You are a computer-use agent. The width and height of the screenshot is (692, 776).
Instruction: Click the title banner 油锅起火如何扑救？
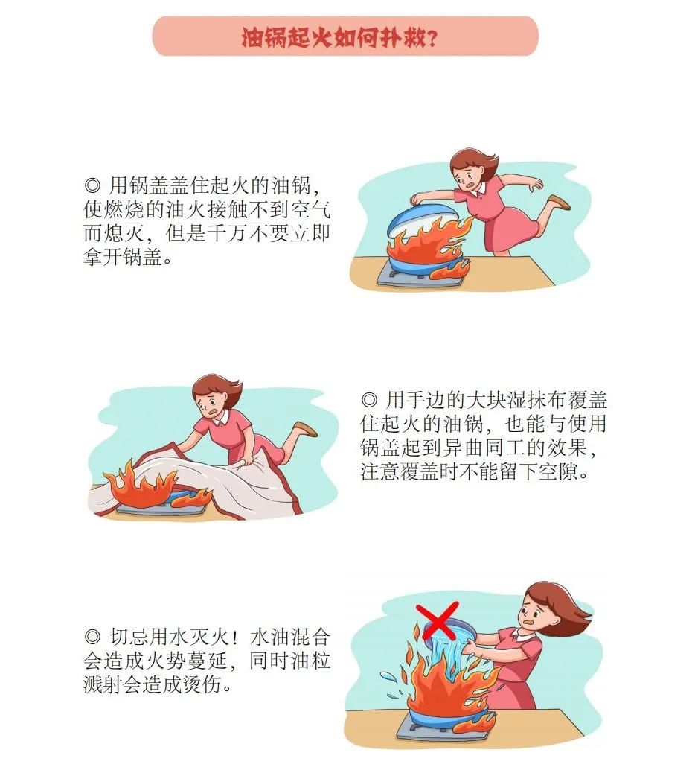coord(345,36)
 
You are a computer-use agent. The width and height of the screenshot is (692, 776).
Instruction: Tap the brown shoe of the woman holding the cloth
coord(305,429)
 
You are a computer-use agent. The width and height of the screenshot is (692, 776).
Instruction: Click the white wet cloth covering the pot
coord(223,484)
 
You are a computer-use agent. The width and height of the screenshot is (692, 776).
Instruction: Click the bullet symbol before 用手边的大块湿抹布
coord(370,400)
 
